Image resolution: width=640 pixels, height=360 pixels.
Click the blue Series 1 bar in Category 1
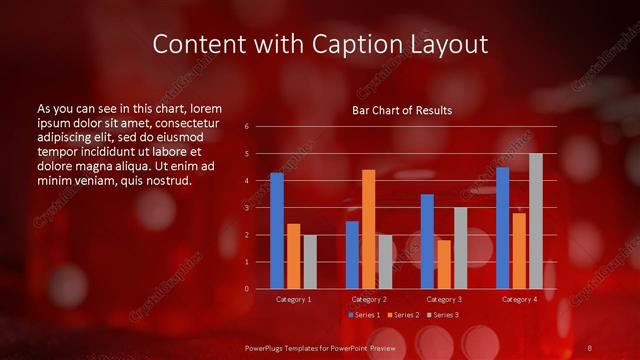(x=277, y=231)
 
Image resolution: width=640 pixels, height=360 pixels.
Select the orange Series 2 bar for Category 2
(x=369, y=229)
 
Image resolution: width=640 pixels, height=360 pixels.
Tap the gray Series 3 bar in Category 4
(x=536, y=221)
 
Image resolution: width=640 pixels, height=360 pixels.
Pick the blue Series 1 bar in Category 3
(x=427, y=241)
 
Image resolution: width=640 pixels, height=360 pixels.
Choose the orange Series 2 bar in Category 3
(x=444, y=264)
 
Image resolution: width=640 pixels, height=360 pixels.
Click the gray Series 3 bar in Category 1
(x=310, y=262)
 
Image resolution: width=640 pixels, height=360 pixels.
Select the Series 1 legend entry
(x=363, y=315)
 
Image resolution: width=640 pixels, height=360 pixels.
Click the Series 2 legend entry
(x=402, y=315)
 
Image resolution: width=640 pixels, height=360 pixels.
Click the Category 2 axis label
(x=369, y=299)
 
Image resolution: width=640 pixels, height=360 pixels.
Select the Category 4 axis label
(x=519, y=299)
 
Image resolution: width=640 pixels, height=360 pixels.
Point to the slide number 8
(x=589, y=347)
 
